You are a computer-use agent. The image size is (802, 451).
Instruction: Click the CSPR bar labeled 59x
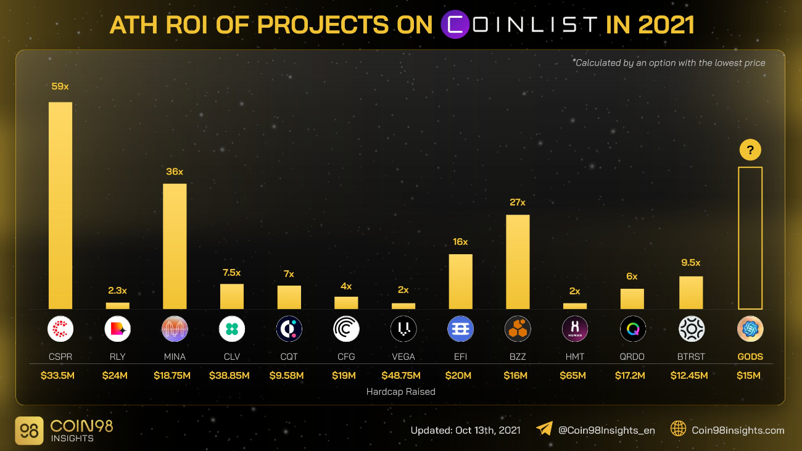point(60,205)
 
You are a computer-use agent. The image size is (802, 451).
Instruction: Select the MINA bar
point(175,246)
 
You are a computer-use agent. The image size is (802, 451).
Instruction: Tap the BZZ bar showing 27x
point(518,262)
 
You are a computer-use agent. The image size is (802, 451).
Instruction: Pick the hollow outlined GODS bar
point(750,238)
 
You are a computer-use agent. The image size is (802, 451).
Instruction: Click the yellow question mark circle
point(750,150)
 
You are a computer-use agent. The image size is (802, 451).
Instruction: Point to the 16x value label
point(460,242)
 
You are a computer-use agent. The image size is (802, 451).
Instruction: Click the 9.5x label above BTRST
point(691,263)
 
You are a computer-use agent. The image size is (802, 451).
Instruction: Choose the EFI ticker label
point(460,357)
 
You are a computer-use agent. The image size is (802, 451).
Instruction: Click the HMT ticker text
point(574,357)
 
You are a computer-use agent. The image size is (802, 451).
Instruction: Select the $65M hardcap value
point(574,376)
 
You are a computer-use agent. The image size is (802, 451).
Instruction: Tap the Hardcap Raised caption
point(401,392)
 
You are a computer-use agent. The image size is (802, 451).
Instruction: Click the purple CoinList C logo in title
point(455,25)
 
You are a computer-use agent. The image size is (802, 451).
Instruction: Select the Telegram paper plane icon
point(544,429)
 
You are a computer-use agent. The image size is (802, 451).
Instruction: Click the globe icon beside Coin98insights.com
point(679,429)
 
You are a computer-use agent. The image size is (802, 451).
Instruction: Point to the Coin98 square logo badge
point(29,431)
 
